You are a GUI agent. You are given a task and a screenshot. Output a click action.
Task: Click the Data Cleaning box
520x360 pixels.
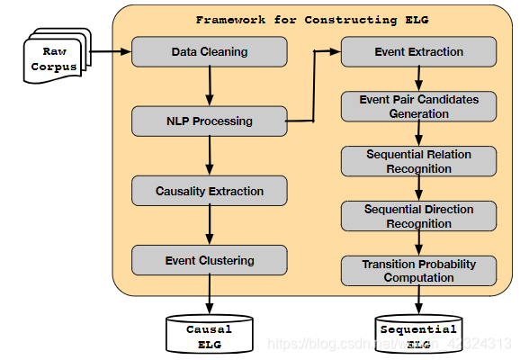pos(209,51)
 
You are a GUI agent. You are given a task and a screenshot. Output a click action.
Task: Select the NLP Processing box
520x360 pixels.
pos(209,121)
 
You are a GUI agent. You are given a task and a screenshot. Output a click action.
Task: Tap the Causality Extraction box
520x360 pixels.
pos(209,191)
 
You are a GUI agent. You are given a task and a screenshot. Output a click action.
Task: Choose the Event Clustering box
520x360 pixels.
pos(209,260)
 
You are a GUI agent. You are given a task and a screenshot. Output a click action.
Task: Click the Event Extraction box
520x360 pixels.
pos(418,51)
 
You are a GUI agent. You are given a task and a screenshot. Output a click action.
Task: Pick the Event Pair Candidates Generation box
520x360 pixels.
pos(418,107)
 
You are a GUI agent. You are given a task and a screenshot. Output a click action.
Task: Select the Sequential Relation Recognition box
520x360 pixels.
pos(418,161)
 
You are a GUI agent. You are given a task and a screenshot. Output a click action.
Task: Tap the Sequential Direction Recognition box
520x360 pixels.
pos(418,216)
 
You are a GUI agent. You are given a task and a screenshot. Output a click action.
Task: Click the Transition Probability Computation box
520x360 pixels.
pos(418,271)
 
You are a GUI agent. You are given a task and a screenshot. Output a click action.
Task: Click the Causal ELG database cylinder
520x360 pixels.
pos(209,334)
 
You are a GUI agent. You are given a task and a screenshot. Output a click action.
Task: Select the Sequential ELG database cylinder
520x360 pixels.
pos(418,334)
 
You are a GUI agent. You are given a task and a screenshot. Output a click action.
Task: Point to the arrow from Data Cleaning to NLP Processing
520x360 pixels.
pos(209,86)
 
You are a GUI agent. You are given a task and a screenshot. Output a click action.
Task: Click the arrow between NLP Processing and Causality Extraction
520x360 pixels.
pos(209,156)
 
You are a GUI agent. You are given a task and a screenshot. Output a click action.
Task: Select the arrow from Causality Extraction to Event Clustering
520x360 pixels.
pos(209,225)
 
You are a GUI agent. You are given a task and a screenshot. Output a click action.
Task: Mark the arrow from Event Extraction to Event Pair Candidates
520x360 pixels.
pos(418,78)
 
